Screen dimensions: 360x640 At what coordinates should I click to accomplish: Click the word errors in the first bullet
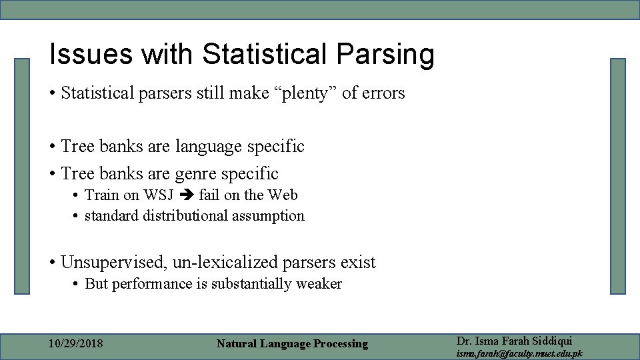click(383, 93)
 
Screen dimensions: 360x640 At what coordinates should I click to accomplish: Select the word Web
click(283, 195)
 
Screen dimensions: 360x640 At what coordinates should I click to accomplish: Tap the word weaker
click(319, 284)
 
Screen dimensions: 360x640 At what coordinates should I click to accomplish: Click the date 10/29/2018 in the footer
click(76, 344)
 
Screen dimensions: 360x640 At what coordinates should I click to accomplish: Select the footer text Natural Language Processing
click(292, 344)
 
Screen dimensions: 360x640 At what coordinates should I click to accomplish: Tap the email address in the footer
click(519, 353)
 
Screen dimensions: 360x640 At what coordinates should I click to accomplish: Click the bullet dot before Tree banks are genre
click(51, 175)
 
